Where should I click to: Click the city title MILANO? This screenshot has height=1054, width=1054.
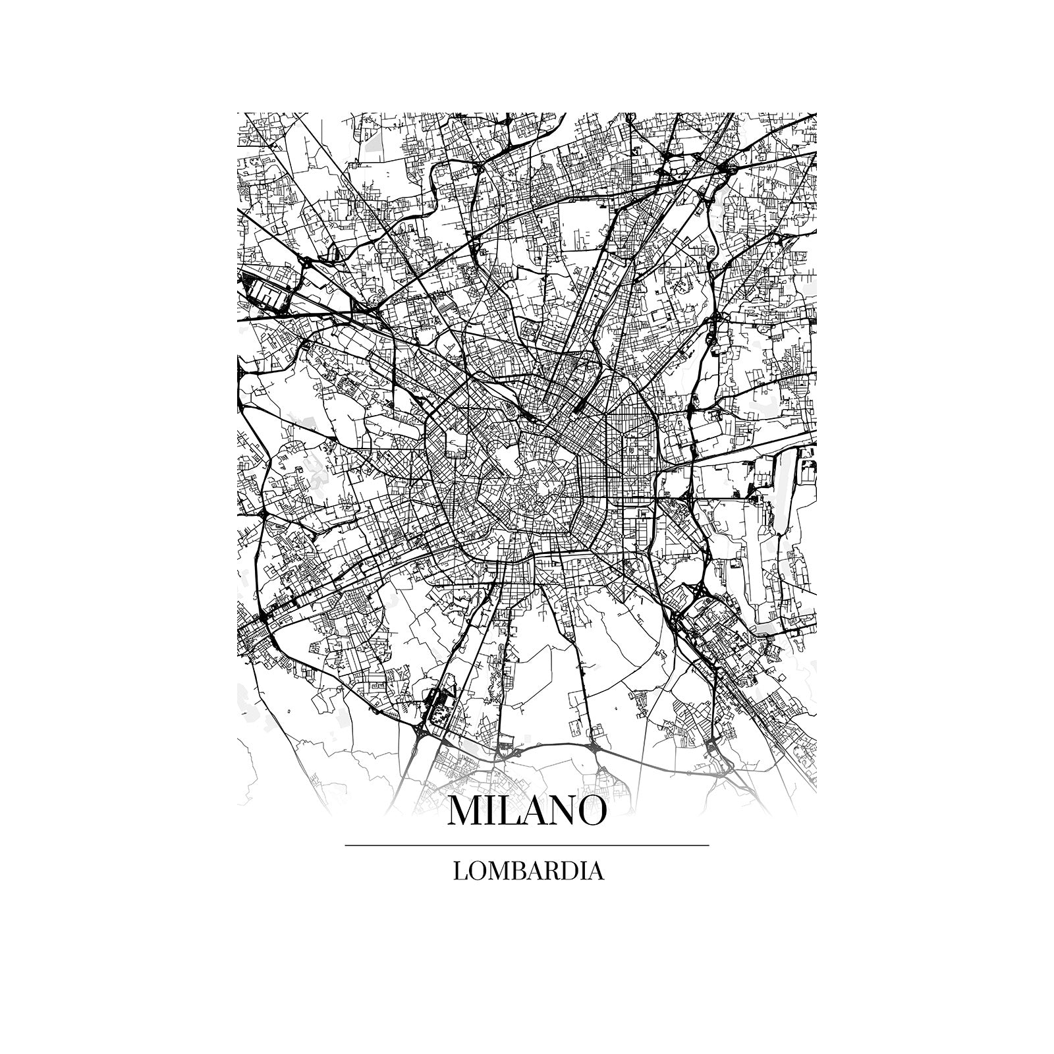[x=526, y=811]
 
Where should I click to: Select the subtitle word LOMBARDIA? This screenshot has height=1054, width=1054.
[x=528, y=871]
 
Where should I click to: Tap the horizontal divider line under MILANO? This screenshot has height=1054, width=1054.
[x=526, y=845]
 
